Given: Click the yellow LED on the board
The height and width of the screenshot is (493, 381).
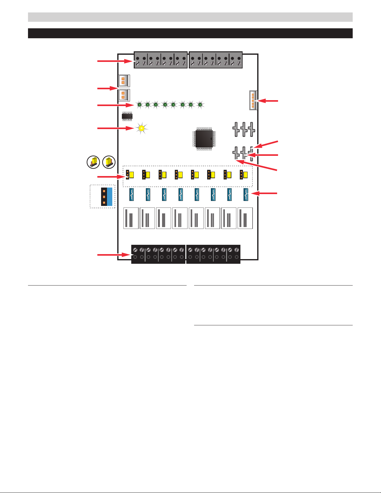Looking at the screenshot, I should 142,128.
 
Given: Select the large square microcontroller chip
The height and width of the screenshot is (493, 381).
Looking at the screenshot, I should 204,139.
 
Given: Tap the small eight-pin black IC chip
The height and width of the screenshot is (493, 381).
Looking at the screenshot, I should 127,116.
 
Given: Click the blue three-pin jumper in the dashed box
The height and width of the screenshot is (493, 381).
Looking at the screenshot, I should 107,197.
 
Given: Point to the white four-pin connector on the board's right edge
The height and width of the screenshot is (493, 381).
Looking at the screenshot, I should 253,100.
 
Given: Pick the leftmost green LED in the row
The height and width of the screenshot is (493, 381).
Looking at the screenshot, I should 140,105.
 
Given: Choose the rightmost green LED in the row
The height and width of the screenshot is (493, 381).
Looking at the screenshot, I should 201,105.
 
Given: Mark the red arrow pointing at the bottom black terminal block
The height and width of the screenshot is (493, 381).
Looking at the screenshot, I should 114,255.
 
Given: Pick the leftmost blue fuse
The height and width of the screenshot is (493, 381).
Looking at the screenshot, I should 132,195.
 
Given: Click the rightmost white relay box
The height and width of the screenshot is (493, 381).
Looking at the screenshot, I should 245,218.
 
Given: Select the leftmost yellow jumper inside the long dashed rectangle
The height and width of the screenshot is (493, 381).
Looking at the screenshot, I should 130,175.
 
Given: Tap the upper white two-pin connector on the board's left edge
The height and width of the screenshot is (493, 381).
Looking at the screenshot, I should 124,81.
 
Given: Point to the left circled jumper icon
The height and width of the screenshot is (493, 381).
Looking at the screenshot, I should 93,162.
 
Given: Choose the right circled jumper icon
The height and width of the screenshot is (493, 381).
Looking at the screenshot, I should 109,162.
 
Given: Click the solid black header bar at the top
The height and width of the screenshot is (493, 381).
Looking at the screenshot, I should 190,33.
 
